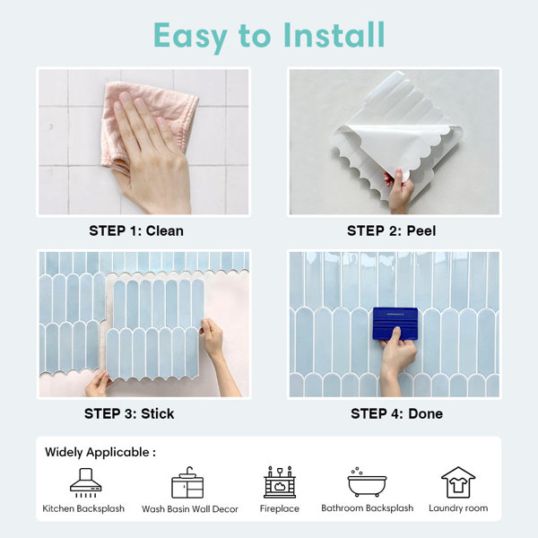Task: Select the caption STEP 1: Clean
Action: tap(136, 230)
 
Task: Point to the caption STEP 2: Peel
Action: tap(392, 230)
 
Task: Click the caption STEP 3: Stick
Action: tap(129, 413)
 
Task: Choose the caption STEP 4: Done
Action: tap(396, 413)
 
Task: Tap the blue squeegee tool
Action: tap(395, 324)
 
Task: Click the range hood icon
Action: tap(86, 482)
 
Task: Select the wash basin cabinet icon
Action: tap(187, 482)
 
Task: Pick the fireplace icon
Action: tap(280, 482)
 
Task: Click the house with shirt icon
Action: tap(458, 482)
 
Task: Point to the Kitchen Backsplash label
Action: tap(83, 508)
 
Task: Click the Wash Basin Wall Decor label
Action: tap(190, 508)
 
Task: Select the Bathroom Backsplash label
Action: tap(367, 508)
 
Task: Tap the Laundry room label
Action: tap(458, 508)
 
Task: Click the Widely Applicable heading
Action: tap(100, 452)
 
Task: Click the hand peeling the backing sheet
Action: tap(400, 190)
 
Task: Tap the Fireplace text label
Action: tap(280, 508)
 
